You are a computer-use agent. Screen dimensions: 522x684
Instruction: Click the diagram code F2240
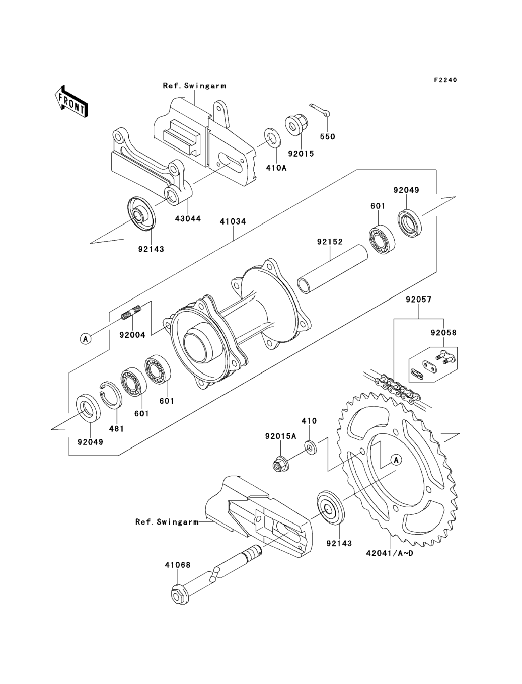point(446,80)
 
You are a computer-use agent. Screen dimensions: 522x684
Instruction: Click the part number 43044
point(188,218)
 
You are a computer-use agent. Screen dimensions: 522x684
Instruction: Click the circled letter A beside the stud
point(86,338)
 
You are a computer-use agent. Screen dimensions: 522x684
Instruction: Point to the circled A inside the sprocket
point(396,460)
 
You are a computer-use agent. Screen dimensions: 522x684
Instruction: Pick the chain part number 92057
point(418,299)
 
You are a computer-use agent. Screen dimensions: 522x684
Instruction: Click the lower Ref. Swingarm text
point(167,522)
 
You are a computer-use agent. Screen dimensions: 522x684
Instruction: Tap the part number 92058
point(443,333)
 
